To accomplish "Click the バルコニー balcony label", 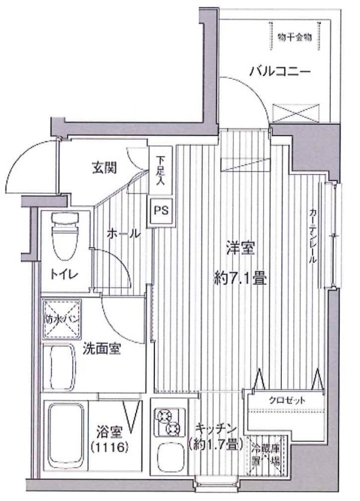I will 280,73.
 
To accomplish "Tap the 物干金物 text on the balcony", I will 293,35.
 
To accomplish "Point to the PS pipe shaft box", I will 162,210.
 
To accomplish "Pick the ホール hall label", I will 123,234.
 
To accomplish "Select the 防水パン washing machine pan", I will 60,317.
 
